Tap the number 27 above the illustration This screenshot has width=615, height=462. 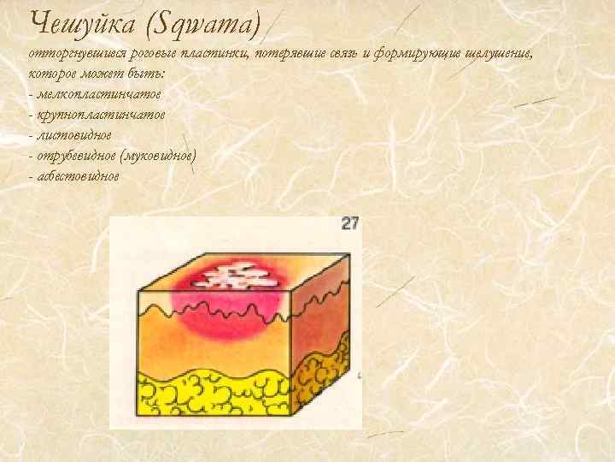pyautogui.click(x=350, y=223)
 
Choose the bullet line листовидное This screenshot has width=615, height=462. pyautogui.click(x=73, y=134)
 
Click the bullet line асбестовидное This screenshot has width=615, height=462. pyautogui.click(x=78, y=175)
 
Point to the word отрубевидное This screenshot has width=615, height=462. pyautogui.click(x=75, y=155)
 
